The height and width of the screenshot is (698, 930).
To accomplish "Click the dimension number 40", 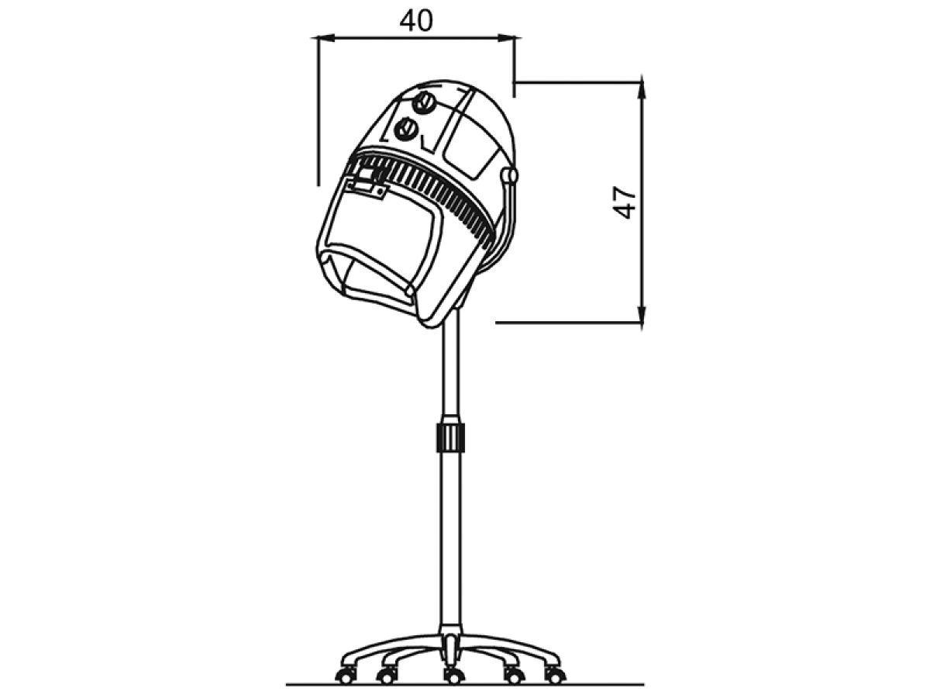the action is (x=416, y=21).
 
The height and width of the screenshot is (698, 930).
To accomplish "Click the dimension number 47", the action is (x=625, y=202).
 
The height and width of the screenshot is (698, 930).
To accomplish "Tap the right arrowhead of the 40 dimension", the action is (x=506, y=39).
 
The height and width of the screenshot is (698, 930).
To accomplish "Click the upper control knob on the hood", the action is (x=425, y=103).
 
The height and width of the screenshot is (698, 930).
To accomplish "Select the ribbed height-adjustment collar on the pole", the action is (x=450, y=436).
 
